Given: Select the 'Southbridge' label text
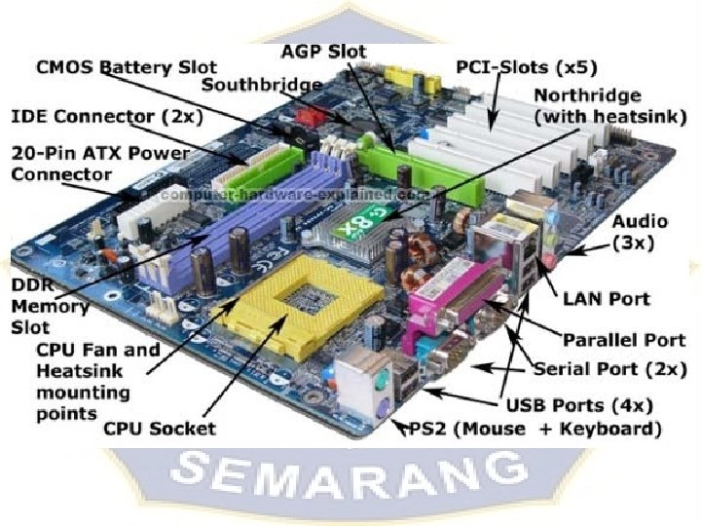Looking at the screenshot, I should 261,85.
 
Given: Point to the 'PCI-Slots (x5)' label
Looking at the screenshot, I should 527,68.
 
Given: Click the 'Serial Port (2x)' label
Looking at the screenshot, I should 611,370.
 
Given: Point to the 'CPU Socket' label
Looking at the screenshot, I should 159,428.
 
